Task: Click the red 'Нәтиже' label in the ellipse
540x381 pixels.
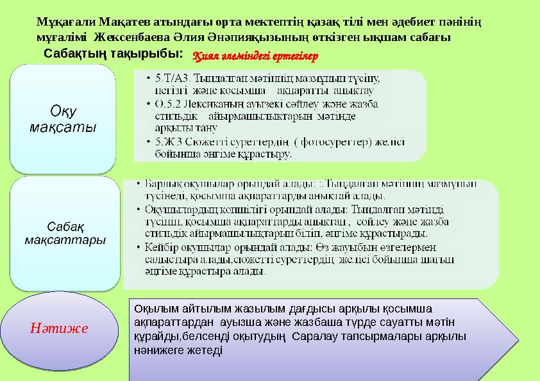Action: [59, 328]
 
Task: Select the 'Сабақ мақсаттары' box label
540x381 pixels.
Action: [65, 234]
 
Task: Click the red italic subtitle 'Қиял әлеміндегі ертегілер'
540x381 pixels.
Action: [256, 57]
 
